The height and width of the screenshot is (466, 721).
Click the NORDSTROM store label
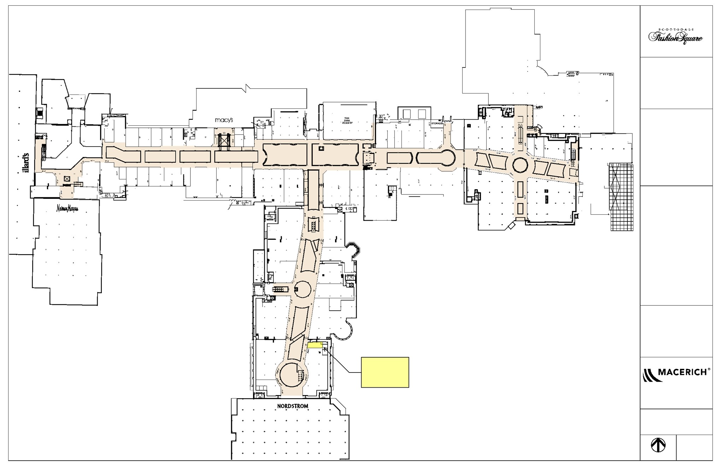point(293,406)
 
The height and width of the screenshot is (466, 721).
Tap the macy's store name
point(224,120)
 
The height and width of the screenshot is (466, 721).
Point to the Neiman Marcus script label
point(68,209)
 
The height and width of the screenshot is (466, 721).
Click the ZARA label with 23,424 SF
point(348,120)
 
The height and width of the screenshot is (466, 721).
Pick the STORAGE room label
point(437,124)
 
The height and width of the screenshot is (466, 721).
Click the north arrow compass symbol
point(658,445)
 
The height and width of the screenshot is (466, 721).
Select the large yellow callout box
point(385,372)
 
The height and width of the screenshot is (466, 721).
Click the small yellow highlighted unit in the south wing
point(315,345)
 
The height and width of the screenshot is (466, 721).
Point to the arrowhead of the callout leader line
point(324,348)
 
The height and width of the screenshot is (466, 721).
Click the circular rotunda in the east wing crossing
point(520,165)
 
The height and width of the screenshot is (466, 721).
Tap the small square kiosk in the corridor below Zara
point(321,149)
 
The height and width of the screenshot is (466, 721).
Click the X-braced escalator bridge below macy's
point(224,141)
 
